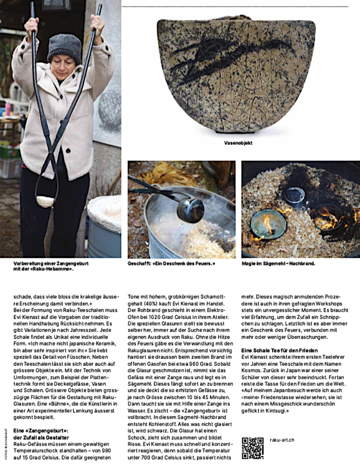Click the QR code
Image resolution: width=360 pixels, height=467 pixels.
click(x=252, y=447)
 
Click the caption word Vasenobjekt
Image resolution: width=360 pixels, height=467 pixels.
click(x=238, y=143)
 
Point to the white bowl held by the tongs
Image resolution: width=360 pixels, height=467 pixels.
click(x=45, y=201)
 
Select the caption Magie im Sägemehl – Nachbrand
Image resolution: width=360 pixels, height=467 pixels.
click(x=278, y=263)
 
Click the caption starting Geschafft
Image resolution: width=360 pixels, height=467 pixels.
click(x=171, y=263)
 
